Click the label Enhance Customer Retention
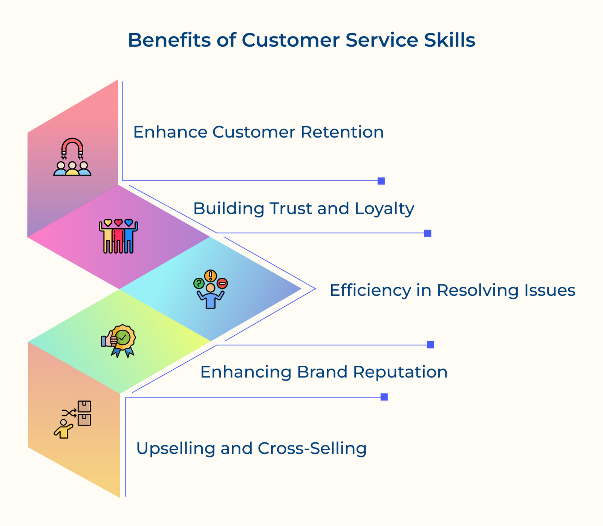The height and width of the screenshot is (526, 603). coord(258,132)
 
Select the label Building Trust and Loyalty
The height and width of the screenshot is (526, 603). coord(303,208)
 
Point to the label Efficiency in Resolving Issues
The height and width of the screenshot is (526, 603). coord(452,291)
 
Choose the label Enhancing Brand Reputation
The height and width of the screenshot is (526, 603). coord(323,372)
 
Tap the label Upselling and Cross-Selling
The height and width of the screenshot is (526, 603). coord(251,448)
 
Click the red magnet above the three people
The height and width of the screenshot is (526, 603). coord(72,146)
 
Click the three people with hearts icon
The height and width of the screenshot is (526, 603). coord(118,236)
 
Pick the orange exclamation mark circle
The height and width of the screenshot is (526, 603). coord(210,276)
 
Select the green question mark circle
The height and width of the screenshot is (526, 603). coord(199,283)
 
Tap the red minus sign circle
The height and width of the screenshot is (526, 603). coord(222,283)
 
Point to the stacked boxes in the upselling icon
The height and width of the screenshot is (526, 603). coord(84,413)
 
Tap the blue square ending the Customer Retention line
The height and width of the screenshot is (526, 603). coord(381,181)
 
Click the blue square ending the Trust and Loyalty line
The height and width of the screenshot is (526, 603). coord(427,233)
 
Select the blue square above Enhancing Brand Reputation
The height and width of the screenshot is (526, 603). coord(430,345)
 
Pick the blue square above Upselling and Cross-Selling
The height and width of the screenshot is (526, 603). coord(384,397)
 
